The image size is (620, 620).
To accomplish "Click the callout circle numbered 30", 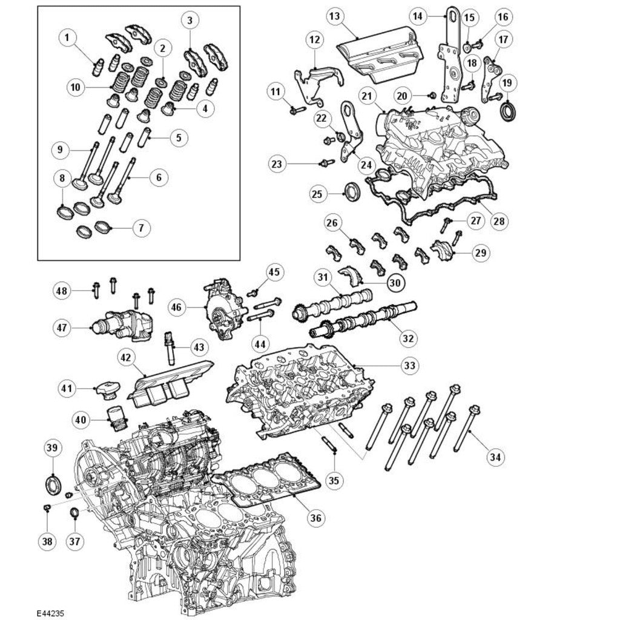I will click(x=395, y=282).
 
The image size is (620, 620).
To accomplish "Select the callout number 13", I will click(x=334, y=16).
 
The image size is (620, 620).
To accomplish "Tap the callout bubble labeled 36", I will click(x=315, y=518).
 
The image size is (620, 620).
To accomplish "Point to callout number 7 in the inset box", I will click(x=140, y=228).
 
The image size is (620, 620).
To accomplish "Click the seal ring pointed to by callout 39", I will click(x=53, y=484).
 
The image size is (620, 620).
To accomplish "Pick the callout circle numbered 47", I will click(x=62, y=328).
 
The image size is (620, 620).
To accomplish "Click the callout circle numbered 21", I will click(x=367, y=96).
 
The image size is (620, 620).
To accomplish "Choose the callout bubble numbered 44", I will click(x=260, y=343).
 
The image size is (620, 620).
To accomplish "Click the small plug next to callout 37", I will click(x=75, y=515).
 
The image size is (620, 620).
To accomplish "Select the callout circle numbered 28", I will click(x=498, y=221).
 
